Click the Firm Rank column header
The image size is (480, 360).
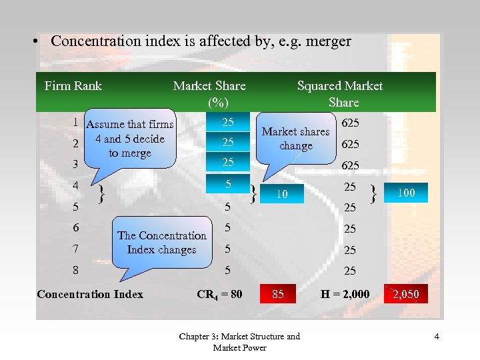(x=73, y=85)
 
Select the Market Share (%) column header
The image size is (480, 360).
(x=209, y=93)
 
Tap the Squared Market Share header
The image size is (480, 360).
(x=340, y=93)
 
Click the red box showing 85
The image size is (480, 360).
(x=278, y=294)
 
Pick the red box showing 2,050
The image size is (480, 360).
(x=406, y=294)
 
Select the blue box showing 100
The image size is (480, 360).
(x=406, y=193)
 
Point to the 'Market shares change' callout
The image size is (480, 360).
(x=296, y=138)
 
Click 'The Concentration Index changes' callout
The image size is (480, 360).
(x=162, y=242)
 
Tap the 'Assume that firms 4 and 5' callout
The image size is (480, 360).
(x=131, y=138)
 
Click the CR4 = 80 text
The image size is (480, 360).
(x=220, y=294)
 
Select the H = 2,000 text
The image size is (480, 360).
(x=345, y=294)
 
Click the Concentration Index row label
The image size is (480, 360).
(x=90, y=294)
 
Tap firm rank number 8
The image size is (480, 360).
(x=76, y=271)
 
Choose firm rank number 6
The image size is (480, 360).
(x=76, y=228)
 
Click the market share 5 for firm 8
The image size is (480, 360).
(x=227, y=271)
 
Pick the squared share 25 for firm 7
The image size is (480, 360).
(x=349, y=250)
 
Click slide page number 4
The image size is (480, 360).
(x=437, y=337)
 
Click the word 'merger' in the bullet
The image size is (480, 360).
(x=329, y=41)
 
